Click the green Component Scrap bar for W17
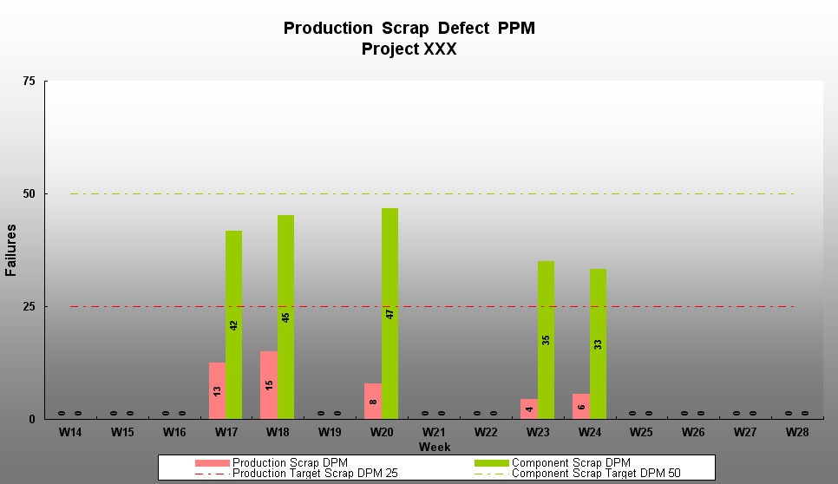point(233,324)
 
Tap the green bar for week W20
point(390,313)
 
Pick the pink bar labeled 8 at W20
point(373,401)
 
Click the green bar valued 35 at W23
point(546,339)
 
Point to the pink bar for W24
point(581,406)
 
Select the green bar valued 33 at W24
point(598,343)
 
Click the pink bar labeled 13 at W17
point(217,390)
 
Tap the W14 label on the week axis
point(70,432)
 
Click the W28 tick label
point(796,432)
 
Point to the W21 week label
point(433,432)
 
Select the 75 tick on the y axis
point(29,82)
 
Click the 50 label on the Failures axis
point(29,194)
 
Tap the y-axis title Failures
point(11,250)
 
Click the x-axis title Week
point(434,447)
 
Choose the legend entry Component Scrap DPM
point(571,463)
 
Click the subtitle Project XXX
point(409,49)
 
